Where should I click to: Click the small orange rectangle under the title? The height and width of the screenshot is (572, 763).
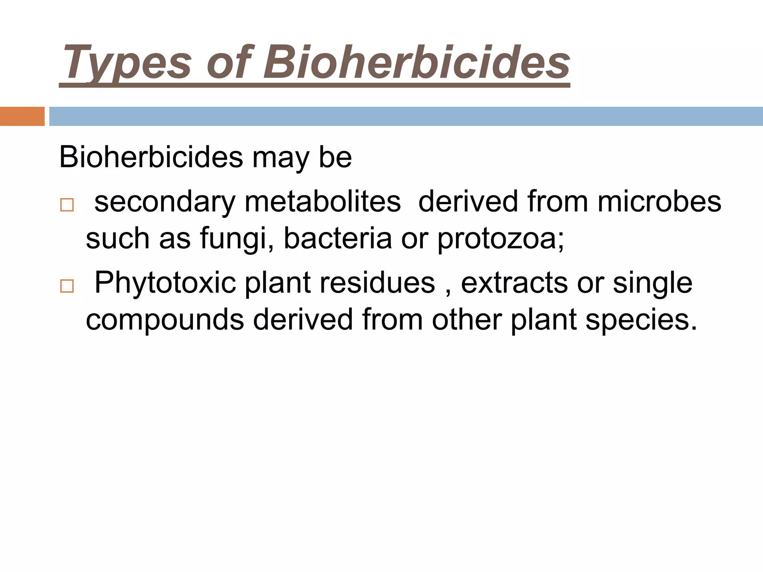coord(22,116)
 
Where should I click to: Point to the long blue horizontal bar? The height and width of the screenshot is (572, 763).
coord(406,116)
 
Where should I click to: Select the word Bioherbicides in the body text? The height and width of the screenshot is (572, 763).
coord(151,157)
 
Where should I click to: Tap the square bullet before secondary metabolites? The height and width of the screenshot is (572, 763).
coord(67,205)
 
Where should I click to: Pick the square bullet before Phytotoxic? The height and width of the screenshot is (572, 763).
coord(67,286)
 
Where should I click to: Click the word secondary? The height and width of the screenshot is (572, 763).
coord(165,202)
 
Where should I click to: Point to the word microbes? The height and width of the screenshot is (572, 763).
coord(659,201)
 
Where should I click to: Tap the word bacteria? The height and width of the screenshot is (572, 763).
coord(338,238)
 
